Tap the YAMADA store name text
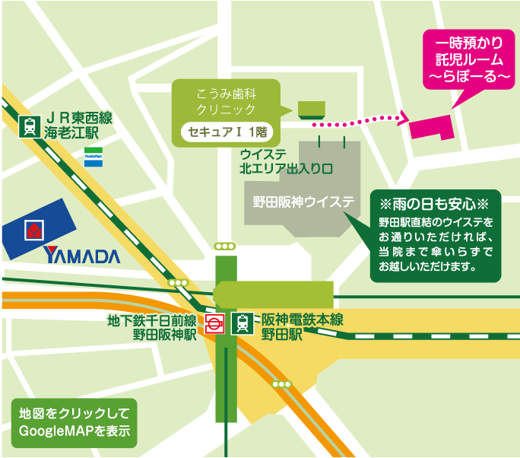click(82, 256)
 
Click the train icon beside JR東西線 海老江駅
click(29, 126)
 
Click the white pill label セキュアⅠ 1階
click(225, 132)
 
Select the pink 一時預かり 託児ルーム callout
click(464, 56)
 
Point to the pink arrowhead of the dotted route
click(401, 116)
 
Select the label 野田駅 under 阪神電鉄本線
click(282, 333)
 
